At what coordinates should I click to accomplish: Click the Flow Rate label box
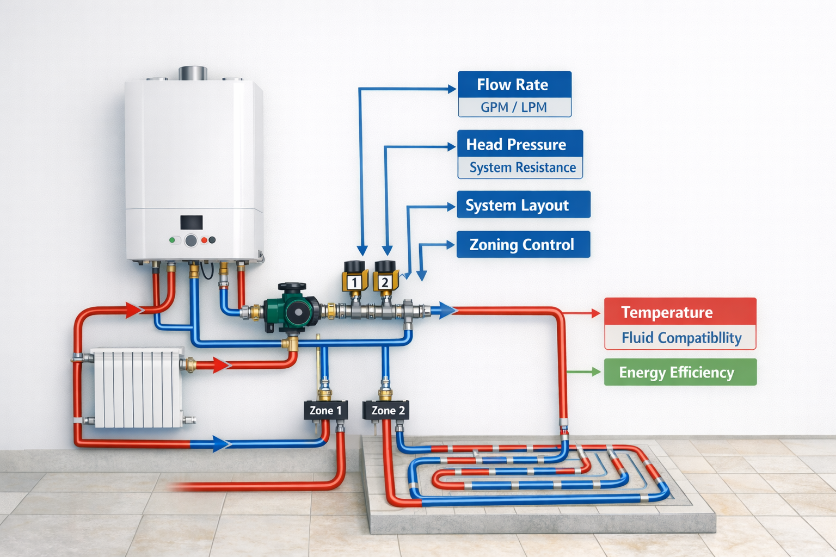click(514, 85)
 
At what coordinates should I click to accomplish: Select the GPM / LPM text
click(514, 108)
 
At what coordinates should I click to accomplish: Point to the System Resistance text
click(522, 168)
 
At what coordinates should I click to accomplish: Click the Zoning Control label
click(522, 245)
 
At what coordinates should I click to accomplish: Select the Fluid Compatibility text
click(681, 338)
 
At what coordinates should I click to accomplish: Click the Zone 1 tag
click(325, 411)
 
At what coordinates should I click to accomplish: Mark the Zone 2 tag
click(387, 411)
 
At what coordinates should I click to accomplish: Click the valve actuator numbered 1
click(354, 276)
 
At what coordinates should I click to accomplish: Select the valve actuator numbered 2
click(385, 276)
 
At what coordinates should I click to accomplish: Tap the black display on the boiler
click(192, 222)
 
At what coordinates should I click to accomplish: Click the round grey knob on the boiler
click(190, 240)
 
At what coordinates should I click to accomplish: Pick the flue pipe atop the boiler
click(193, 73)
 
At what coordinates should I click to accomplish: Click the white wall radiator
click(138, 388)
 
